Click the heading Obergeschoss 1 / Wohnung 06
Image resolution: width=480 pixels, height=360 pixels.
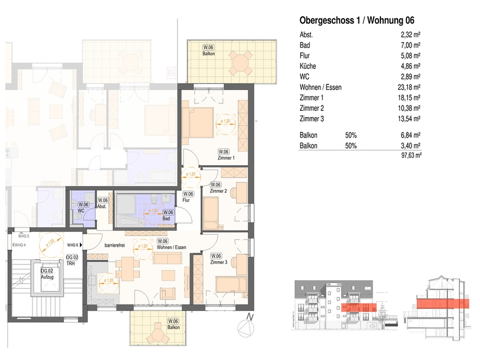(356, 20)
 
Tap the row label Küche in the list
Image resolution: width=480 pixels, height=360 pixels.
(307, 66)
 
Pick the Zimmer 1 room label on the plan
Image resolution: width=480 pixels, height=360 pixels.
(226, 158)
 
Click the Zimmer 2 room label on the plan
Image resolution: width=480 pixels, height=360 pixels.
(218, 191)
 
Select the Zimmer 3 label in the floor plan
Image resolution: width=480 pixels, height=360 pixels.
(218, 262)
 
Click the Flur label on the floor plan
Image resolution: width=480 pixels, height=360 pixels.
(187, 200)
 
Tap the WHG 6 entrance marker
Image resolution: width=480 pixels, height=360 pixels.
(73, 245)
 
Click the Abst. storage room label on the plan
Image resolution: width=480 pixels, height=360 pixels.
(102, 205)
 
